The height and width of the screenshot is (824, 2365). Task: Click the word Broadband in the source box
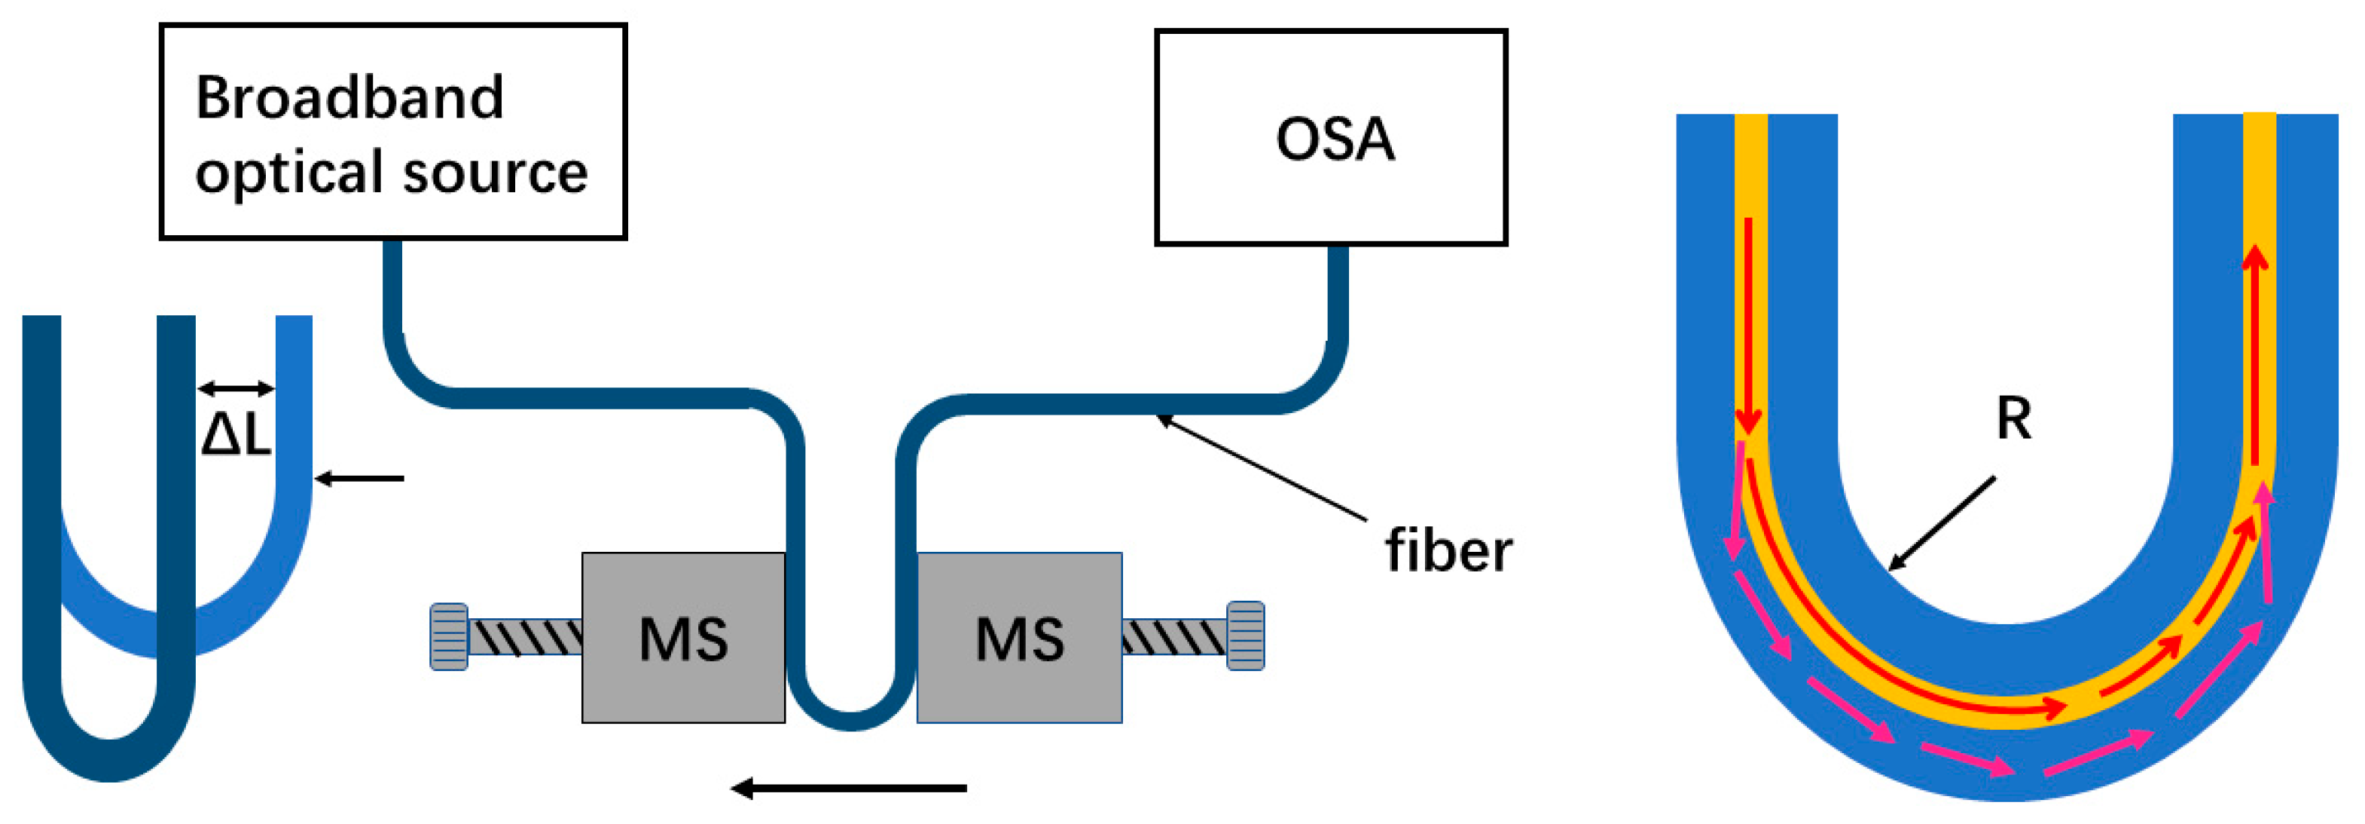coord(349,97)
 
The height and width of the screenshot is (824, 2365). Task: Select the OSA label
coord(1334,139)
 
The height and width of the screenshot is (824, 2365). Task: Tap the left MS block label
coord(683,639)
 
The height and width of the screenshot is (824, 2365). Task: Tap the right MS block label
coord(1019,639)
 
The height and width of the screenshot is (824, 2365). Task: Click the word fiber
coord(1448,551)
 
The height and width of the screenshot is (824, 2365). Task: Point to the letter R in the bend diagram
coord(2013,419)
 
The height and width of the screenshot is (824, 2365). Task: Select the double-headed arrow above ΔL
coord(236,388)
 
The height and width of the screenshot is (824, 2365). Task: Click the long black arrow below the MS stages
coord(850,787)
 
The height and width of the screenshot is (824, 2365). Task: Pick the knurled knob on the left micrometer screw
coord(449,636)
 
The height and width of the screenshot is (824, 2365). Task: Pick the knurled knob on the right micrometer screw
coord(1246,636)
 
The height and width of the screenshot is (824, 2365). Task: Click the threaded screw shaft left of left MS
coord(526,636)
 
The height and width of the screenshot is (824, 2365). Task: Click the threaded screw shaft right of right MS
coord(1173,636)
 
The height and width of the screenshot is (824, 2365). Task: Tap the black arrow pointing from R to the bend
coord(1942,524)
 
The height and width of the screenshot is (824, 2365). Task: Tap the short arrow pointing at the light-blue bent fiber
coord(360,479)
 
